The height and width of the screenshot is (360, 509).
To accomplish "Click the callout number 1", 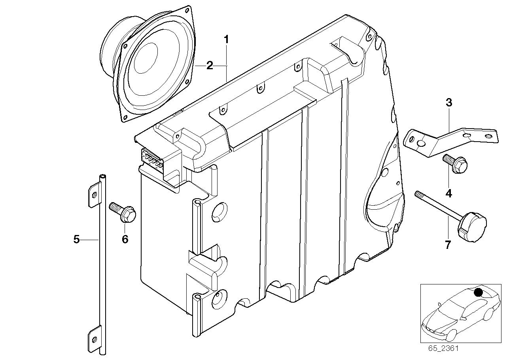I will [x=226, y=40].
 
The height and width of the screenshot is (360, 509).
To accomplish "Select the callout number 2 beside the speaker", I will [x=210, y=66].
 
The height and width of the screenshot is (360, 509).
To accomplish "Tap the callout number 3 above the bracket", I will [x=448, y=102].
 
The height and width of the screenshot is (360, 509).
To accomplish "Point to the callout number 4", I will [x=448, y=193].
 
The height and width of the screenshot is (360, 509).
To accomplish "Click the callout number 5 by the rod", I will [x=77, y=239].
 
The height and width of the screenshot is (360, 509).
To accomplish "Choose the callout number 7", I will [x=448, y=245].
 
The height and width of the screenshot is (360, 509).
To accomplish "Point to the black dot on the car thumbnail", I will [x=478, y=292].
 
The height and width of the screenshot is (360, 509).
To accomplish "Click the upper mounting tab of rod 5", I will [x=94, y=194].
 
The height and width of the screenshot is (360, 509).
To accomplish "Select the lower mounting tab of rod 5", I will [x=94, y=338].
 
